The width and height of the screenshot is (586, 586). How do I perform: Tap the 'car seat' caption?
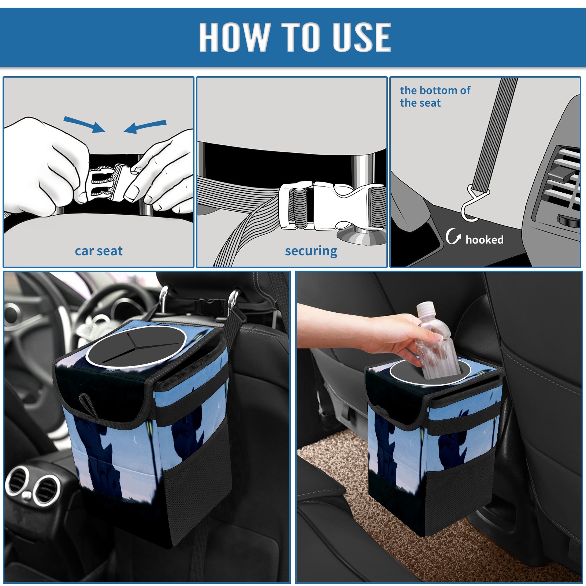[99, 251]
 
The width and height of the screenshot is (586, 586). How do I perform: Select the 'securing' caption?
[311, 251]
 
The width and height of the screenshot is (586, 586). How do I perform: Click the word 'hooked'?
[485, 240]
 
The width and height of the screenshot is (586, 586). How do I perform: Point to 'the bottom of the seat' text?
[435, 96]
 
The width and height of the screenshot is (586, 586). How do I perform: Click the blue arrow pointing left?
[145, 126]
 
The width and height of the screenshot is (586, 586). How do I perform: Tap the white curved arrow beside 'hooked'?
[453, 236]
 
